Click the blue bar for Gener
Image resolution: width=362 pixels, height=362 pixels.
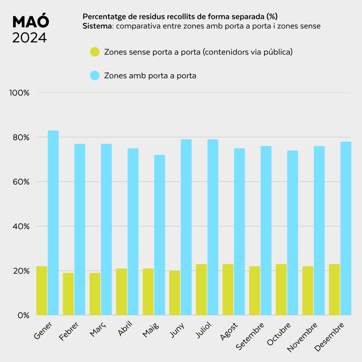[53, 223]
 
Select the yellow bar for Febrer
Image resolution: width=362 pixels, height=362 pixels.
[68, 294]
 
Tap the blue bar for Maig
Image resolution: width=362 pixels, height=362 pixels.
[159, 235]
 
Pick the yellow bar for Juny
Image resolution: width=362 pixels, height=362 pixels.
[175, 293]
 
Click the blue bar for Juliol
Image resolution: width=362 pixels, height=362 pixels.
[213, 227]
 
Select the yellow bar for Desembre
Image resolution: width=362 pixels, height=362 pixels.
[334, 290]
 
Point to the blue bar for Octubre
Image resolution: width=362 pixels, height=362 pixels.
[292, 233]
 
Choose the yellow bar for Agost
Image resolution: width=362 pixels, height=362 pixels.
[228, 290]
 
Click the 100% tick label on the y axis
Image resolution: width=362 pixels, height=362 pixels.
[19, 93]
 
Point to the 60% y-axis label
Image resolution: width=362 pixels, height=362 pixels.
[21, 182]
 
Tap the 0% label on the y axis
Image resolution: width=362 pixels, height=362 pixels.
[24, 315]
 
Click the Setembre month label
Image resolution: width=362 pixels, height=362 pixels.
[250, 336]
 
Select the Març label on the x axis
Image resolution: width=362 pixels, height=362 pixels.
[98, 329]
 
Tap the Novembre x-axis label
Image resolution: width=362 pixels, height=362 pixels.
[302, 337]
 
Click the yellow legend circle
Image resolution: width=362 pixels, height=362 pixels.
[95, 52]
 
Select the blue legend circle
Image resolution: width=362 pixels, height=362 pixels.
[95, 76]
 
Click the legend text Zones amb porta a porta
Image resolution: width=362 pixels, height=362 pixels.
[150, 76]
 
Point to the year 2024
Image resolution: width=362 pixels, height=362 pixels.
[29, 37]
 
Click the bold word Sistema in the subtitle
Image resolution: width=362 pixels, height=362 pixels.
[97, 26]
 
